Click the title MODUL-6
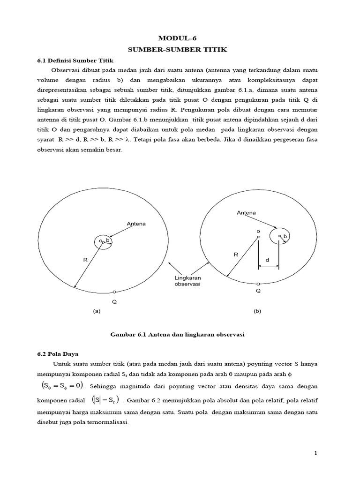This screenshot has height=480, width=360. [x=180, y=38]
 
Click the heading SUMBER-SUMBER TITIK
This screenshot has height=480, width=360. [x=180, y=49]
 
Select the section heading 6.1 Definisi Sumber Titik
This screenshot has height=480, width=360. [x=75, y=60]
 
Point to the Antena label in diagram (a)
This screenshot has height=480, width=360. [x=136, y=224]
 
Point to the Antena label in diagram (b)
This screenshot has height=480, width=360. [x=246, y=213]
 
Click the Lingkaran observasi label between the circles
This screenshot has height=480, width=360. [x=187, y=281]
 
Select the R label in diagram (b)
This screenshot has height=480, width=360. [x=236, y=255]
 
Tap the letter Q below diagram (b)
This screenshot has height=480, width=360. [x=258, y=291]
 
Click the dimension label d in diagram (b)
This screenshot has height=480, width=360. [x=267, y=259]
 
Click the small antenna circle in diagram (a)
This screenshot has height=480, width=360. [x=103, y=242]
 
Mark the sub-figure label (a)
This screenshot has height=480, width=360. [x=97, y=311]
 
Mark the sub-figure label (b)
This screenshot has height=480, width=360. [x=257, y=311]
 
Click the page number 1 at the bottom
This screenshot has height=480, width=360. [x=316, y=453]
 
